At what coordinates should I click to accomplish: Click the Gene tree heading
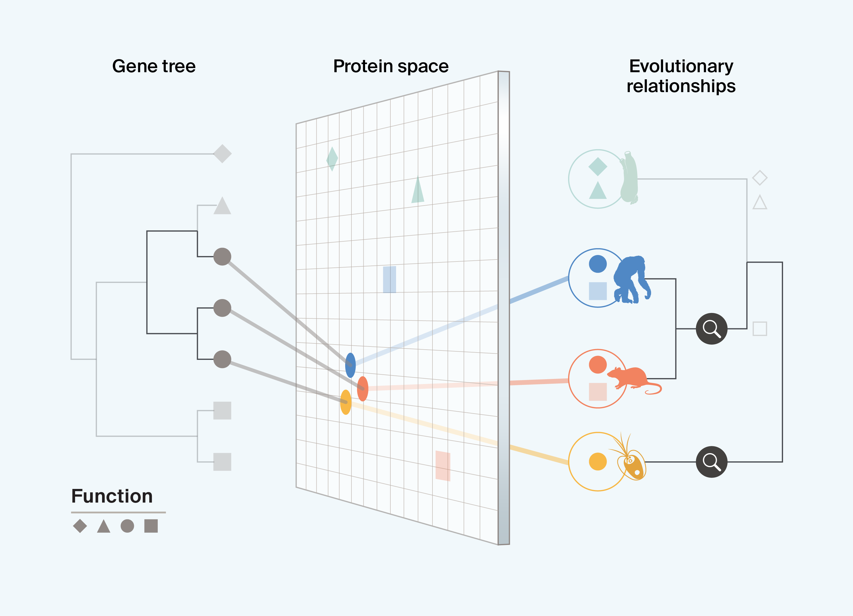pos(154,66)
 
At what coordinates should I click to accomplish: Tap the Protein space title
pos(391,66)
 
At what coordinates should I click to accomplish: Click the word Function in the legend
pos(112,496)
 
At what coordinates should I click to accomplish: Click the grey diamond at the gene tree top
pos(222,154)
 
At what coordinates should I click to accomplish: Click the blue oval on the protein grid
pos(350,365)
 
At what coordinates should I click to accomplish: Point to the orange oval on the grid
pos(363,389)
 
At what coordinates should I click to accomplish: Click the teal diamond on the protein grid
pos(332,159)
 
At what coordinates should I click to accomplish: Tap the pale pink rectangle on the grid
pos(443,466)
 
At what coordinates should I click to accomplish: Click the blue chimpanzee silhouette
pos(631,279)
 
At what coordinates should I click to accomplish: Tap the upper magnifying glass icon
pos(711,329)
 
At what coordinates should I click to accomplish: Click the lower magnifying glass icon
pos(711,462)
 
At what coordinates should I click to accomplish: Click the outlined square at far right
pos(760,329)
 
